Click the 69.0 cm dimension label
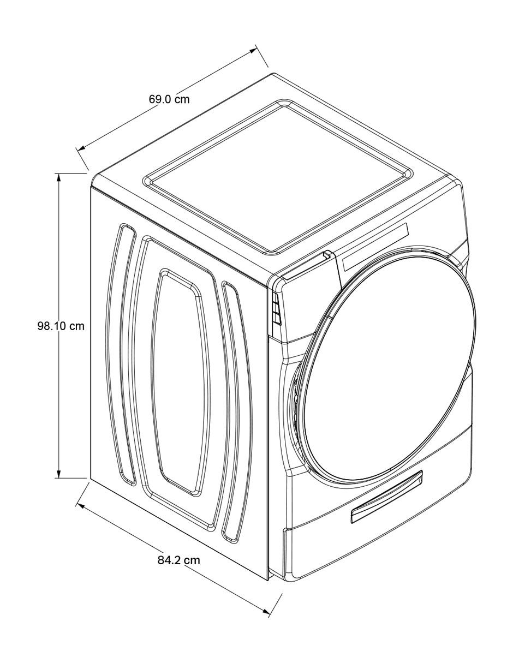169,99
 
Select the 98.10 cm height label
61,326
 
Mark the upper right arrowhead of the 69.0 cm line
251,51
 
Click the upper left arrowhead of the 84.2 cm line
81,505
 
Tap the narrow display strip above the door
375,247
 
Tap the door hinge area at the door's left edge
294,397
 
